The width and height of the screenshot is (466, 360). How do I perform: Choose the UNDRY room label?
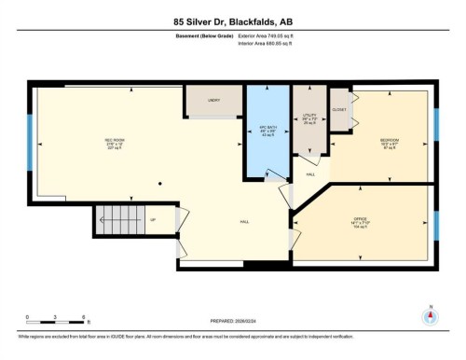[213, 99]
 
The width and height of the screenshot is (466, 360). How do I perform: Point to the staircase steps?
[119, 223]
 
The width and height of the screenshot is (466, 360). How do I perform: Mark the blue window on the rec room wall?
[31, 156]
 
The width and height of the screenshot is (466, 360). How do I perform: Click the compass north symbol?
[430, 315]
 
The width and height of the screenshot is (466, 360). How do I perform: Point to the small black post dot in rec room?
[159, 183]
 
